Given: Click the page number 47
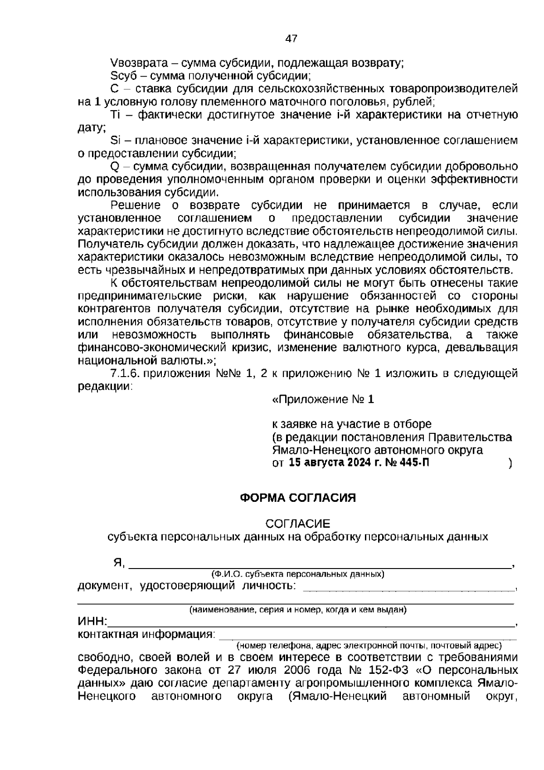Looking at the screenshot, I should point(291,39).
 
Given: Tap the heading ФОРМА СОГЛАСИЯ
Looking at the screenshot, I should point(297,498).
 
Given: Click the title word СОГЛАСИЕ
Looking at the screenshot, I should point(298,524).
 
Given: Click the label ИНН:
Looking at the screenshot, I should point(92,622).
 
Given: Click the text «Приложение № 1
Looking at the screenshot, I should point(322,400).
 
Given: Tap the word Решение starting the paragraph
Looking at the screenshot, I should point(136,206).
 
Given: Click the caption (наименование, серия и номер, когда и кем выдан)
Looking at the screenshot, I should point(298,610).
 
